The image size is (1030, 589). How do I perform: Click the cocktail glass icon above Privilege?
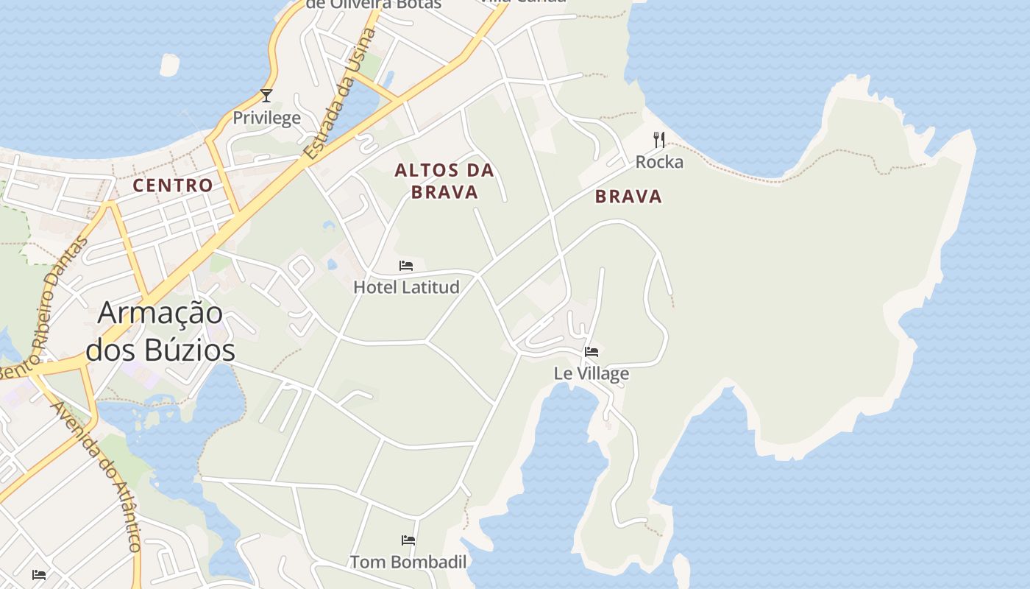click(x=266, y=96)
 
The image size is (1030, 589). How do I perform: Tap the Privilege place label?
click(x=266, y=118)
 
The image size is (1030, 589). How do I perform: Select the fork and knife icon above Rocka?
click(x=659, y=139)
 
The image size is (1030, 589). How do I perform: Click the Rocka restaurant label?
click(x=659, y=162)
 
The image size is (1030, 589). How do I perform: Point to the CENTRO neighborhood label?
click(x=173, y=186)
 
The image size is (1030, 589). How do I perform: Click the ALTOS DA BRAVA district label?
click(x=444, y=181)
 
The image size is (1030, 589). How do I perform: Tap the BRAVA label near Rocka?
click(x=628, y=197)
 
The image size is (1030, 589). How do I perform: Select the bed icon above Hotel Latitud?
click(x=406, y=265)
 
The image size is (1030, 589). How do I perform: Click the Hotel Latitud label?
click(x=406, y=287)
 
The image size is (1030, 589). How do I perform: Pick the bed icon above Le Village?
click(x=592, y=351)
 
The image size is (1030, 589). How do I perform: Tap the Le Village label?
click(x=592, y=373)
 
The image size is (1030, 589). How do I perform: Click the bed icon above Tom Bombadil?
click(x=408, y=540)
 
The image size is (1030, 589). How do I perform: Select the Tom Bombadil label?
click(x=408, y=562)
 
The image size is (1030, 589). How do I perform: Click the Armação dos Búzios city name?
click(x=160, y=331)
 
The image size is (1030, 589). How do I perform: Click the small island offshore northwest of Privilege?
click(x=169, y=65)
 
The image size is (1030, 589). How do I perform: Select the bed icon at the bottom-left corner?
click(x=39, y=574)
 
